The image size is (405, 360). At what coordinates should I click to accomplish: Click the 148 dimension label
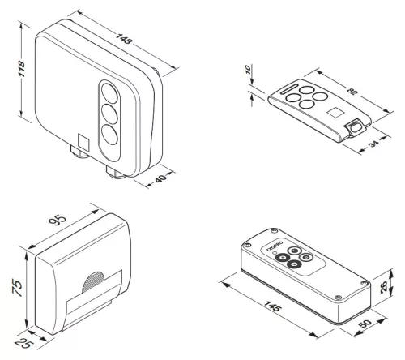point(124,39)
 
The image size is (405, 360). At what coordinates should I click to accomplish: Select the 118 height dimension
point(21,69)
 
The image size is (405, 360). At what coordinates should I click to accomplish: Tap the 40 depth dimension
point(160,178)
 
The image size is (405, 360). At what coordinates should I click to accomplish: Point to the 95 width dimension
point(58,220)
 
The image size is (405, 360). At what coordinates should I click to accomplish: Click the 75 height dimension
point(17,288)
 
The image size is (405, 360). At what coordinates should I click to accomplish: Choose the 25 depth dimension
point(24,344)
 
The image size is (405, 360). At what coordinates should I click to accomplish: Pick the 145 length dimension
point(272,306)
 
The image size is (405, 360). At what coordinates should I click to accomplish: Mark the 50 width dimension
point(366,324)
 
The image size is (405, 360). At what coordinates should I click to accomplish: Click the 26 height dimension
point(383,286)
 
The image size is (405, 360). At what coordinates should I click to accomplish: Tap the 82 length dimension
point(352,91)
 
